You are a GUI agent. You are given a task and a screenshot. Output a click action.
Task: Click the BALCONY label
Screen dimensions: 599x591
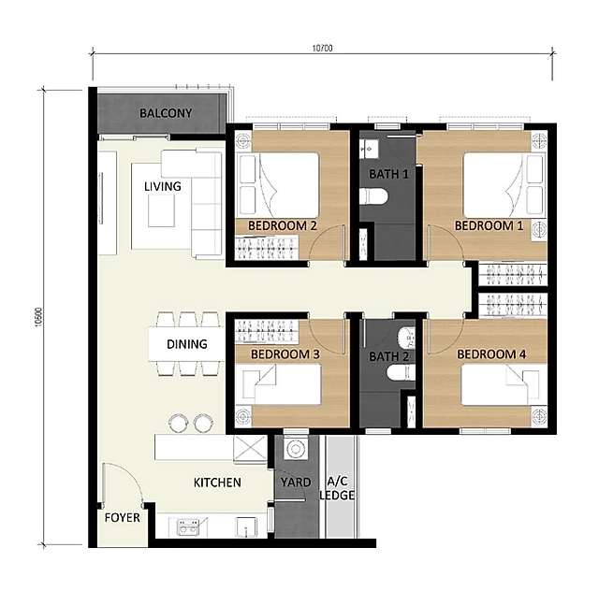(166, 113)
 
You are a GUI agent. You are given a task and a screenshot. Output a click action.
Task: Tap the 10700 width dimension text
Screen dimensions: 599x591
(322, 48)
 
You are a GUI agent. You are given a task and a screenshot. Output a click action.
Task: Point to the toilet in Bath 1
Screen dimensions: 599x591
(373, 196)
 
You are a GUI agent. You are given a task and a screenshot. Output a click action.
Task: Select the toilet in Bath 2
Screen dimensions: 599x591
(401, 372)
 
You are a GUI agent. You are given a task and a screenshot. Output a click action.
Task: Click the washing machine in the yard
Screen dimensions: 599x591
(296, 448)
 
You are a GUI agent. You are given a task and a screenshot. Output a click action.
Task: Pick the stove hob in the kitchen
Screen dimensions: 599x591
(187, 527)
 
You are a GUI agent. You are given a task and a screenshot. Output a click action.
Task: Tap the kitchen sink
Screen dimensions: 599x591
(246, 527)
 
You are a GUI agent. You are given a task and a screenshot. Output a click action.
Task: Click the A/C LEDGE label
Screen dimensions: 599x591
(337, 489)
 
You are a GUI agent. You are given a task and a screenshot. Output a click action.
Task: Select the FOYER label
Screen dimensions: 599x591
(123, 518)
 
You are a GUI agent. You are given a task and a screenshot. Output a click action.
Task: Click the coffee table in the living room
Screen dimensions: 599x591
(161, 210)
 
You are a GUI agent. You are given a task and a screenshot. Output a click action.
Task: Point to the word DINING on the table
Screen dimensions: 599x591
(187, 344)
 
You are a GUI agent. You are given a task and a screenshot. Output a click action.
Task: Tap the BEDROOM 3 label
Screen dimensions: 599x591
(285, 354)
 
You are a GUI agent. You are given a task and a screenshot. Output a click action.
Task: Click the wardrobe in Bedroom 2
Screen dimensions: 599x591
(267, 248)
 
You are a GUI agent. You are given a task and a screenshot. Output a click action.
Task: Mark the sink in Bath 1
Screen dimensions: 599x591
(369, 149)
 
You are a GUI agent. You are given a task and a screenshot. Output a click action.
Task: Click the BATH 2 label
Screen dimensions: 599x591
(388, 357)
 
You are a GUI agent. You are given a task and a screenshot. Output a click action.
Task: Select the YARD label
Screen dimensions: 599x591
(296, 483)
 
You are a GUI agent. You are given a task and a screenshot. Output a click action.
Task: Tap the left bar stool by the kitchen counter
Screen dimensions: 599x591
(179, 423)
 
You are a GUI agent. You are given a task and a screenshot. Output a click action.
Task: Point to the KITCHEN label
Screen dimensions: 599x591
(217, 483)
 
